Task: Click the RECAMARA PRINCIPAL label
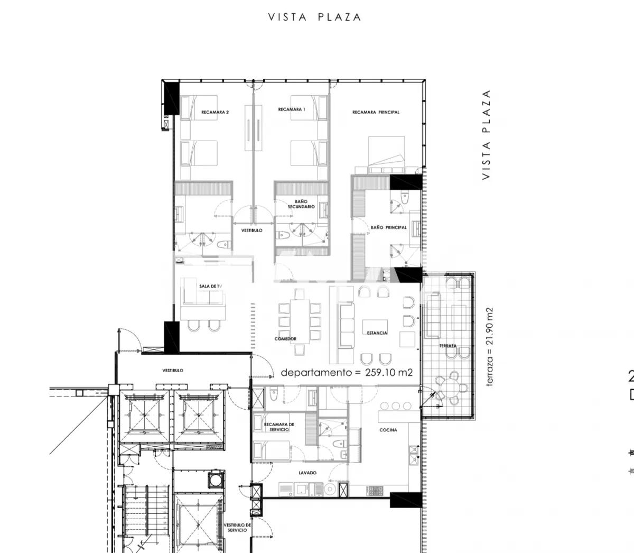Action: (x=376, y=112)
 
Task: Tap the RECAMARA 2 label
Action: (x=215, y=112)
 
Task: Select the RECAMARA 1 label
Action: (x=292, y=109)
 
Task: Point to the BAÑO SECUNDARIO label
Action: (x=301, y=204)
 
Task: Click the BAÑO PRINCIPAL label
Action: (x=388, y=227)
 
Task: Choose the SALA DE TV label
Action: (x=210, y=286)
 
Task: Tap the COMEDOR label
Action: (x=285, y=338)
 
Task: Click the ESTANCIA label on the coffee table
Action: (x=377, y=333)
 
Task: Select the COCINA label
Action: (x=388, y=430)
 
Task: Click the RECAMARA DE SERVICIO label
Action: (x=279, y=427)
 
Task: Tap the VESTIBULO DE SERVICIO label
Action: (x=237, y=527)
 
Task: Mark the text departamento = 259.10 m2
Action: (x=347, y=372)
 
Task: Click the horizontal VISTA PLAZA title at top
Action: (x=315, y=17)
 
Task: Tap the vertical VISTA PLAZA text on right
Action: (x=486, y=135)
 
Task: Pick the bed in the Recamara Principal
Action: (x=386, y=153)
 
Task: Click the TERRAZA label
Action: (x=447, y=346)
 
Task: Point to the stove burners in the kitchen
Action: (x=375, y=491)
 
